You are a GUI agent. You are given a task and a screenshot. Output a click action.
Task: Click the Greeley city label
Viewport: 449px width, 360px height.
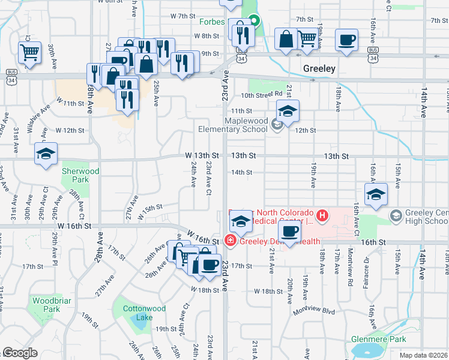click(x=319, y=68)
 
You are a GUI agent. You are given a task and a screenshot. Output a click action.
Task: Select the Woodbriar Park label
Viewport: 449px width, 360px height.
click(x=47, y=304)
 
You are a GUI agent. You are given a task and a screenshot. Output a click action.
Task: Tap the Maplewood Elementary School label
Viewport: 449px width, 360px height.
click(x=233, y=125)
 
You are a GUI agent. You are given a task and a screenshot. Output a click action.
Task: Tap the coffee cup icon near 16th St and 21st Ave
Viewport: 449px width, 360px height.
click(x=289, y=232)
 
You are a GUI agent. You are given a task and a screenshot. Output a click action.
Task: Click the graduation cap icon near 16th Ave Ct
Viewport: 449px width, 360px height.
click(x=376, y=195)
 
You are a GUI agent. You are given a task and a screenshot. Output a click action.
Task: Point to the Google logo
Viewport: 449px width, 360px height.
click(x=20, y=353)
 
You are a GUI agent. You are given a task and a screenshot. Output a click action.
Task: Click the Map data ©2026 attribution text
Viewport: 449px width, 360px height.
click(x=424, y=355)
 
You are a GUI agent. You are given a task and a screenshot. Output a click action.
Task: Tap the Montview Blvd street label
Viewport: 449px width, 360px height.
click(x=313, y=311)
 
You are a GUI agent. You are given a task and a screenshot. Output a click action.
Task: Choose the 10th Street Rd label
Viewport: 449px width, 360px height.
click(x=262, y=94)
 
